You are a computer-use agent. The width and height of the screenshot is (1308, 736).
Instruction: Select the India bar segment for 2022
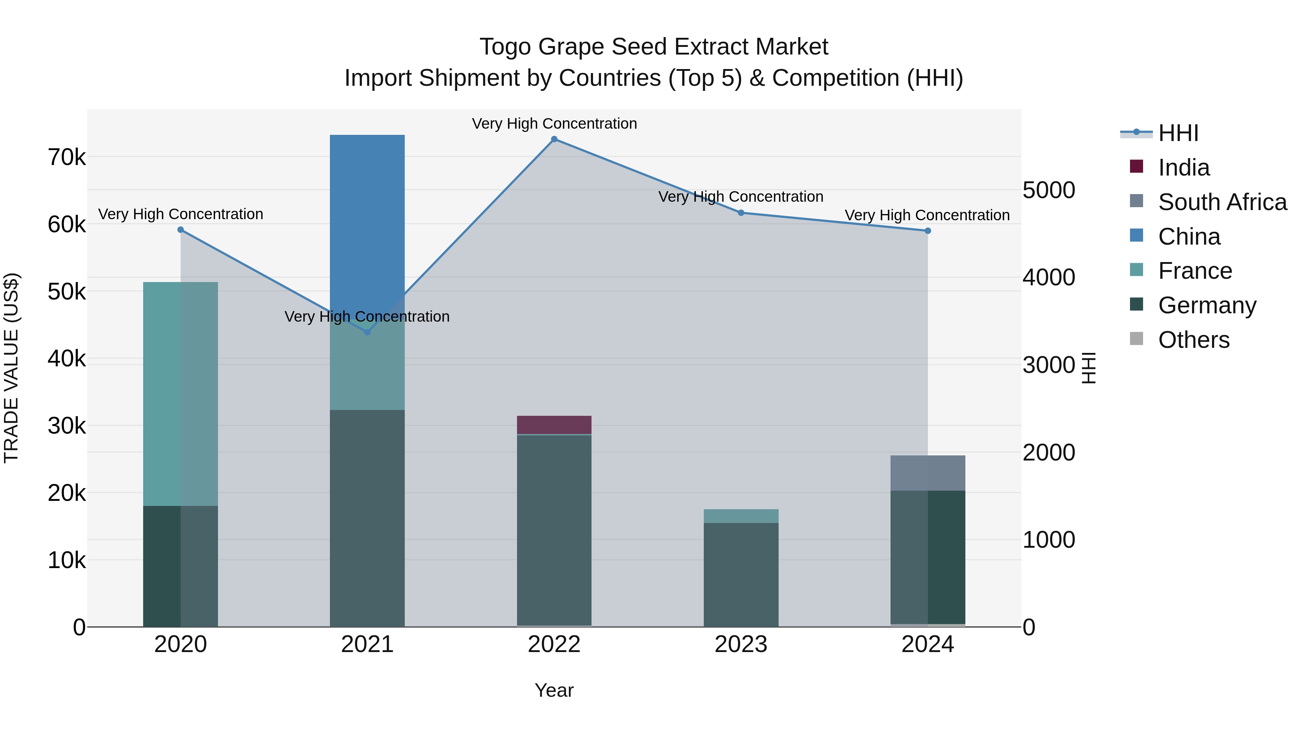pyautogui.click(x=554, y=425)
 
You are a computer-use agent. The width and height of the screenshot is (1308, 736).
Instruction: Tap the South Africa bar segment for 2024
pyautogui.click(x=928, y=473)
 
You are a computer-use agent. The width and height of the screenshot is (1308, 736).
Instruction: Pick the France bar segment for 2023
pyautogui.click(x=741, y=515)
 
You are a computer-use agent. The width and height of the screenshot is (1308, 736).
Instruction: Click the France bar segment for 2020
pyautogui.click(x=180, y=394)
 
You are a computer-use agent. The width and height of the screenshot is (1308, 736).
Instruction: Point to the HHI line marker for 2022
pyautogui.click(x=554, y=139)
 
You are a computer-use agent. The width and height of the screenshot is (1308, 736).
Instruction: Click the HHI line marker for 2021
pyautogui.click(x=367, y=332)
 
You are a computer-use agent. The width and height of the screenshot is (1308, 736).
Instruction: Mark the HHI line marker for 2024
pyautogui.click(x=928, y=230)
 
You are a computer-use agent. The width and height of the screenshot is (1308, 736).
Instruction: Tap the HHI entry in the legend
pyautogui.click(x=1178, y=133)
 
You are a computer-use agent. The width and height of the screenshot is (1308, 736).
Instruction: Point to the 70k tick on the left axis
pyautogui.click(x=66, y=157)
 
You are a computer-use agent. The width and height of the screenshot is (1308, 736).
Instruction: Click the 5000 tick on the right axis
pyautogui.click(x=1049, y=190)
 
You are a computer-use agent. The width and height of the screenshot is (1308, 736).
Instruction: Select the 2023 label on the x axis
pyautogui.click(x=741, y=644)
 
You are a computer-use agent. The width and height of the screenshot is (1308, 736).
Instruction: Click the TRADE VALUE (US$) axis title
pyautogui.click(x=11, y=368)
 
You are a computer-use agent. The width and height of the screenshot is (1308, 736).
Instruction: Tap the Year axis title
pyautogui.click(x=554, y=690)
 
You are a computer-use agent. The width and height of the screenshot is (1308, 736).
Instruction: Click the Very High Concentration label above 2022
pyautogui.click(x=554, y=124)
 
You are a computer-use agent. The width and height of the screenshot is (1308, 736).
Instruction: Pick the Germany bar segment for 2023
pyautogui.click(x=741, y=574)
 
